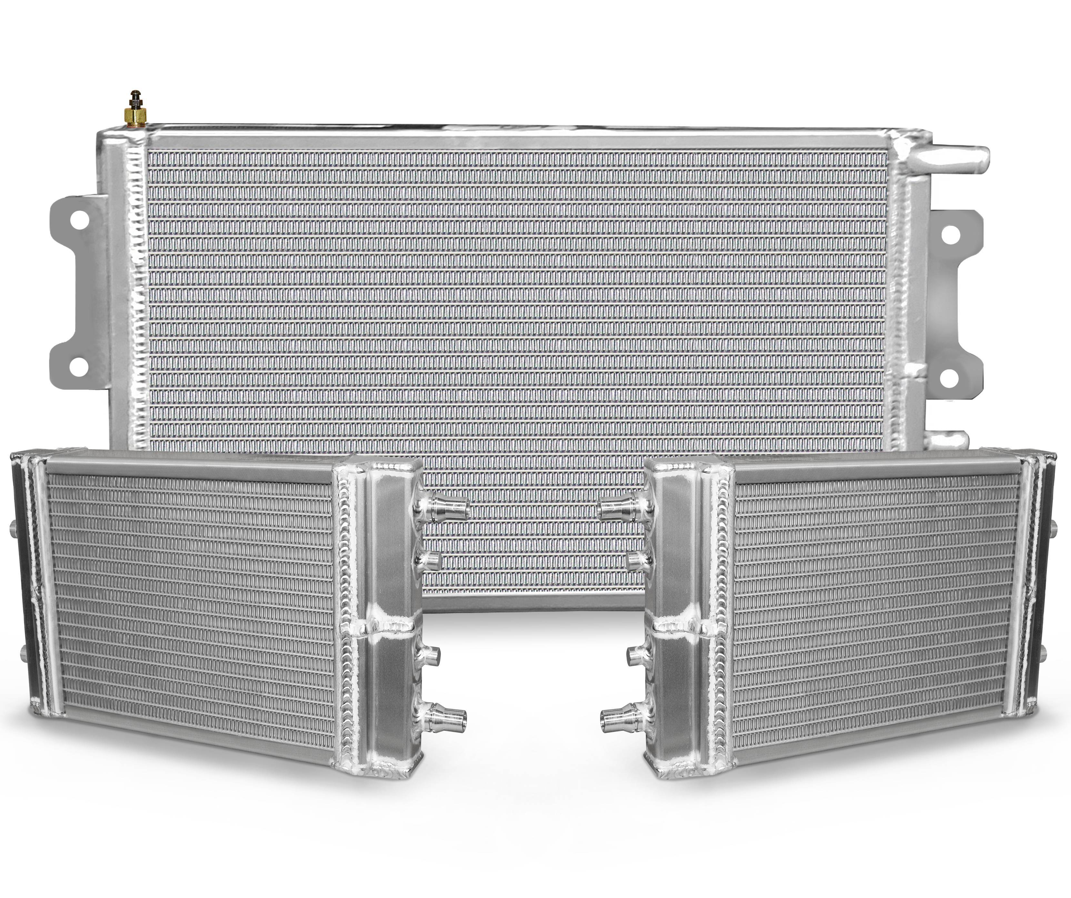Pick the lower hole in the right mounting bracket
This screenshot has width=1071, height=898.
(x=946, y=376)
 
